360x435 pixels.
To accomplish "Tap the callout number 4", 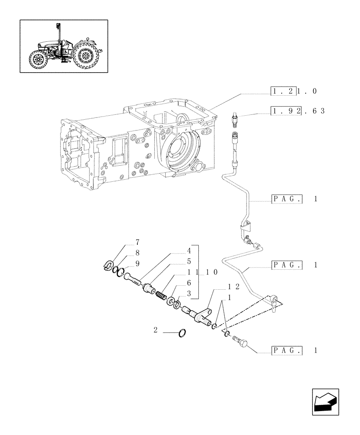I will tap(189, 251).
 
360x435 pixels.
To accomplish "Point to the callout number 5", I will tap(189, 261).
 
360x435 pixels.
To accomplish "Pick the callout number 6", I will tap(189, 282).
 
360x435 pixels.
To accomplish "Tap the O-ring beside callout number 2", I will tap(183, 333).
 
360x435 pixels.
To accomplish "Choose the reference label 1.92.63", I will tap(297, 111).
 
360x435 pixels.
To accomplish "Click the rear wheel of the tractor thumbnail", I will tap(85, 57).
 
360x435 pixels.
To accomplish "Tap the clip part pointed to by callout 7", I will tap(110, 265).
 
